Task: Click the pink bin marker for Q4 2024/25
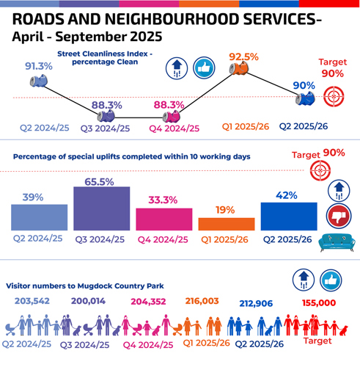174,116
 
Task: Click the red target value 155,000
318,301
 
